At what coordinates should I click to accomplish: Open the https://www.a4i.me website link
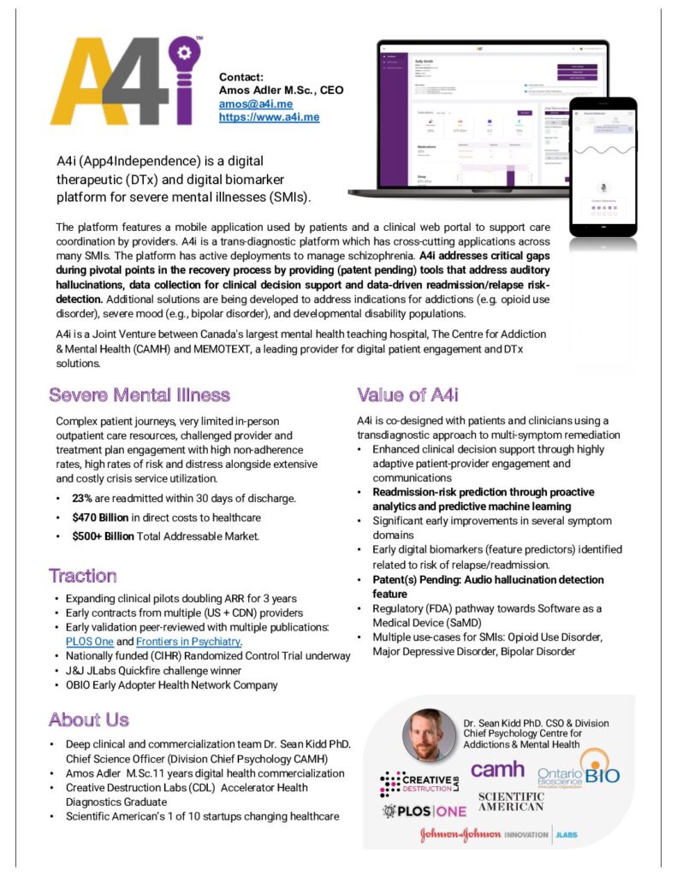pos(269,116)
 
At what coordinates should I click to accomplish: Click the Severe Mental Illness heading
pos(140,395)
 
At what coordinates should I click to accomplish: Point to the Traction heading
pos(83,575)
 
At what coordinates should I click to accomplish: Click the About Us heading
pos(89,719)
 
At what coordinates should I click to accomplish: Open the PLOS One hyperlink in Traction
pos(94,642)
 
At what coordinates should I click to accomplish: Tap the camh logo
pos(497,770)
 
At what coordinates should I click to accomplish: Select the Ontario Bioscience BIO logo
pos(579,774)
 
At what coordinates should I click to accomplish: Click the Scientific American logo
pos(511,802)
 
